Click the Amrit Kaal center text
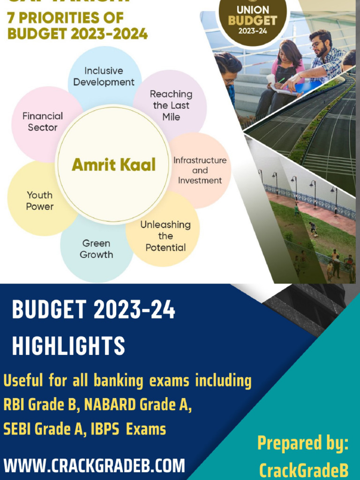113,165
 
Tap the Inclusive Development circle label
104,76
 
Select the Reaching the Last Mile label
171,105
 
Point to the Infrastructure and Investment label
200,170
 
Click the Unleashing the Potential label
165,236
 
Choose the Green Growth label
96,249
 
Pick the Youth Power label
40,201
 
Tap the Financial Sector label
42,121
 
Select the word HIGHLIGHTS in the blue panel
68,346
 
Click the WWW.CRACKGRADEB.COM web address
94,466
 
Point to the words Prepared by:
303,443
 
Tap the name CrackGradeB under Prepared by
304,469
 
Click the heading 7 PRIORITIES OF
66,18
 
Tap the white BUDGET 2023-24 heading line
93,310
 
